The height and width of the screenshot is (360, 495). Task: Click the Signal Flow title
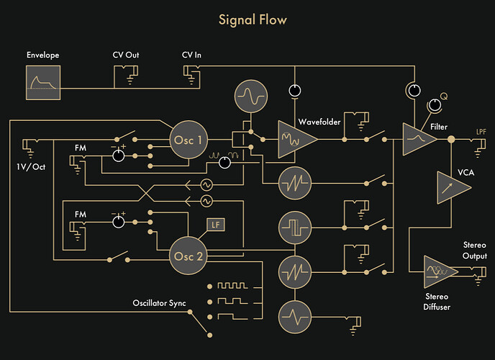click(x=247, y=19)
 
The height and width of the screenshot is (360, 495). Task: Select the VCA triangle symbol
click(x=450, y=188)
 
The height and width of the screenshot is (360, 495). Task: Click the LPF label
click(x=481, y=132)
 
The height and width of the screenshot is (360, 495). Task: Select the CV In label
click(x=191, y=54)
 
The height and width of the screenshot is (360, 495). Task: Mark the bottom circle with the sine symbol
click(x=295, y=314)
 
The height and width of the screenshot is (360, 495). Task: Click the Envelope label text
click(x=42, y=55)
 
